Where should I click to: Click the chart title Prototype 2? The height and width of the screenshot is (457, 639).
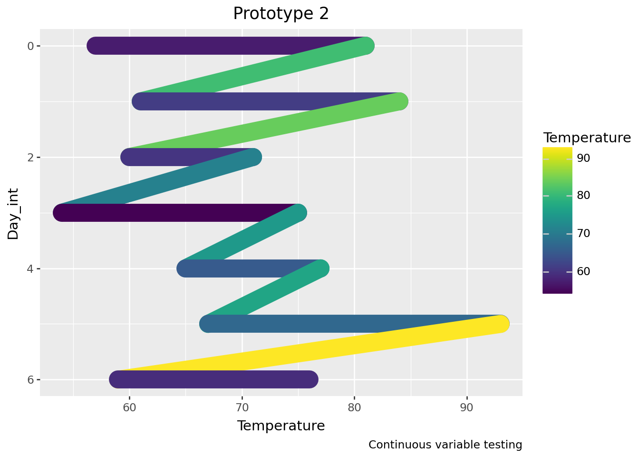click(x=281, y=14)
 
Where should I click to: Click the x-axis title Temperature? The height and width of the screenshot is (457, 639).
click(x=281, y=426)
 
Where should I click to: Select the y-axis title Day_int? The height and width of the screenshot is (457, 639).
click(x=13, y=213)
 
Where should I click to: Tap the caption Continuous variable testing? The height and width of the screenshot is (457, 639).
click(x=445, y=445)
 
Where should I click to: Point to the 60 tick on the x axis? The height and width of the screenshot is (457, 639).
click(x=130, y=407)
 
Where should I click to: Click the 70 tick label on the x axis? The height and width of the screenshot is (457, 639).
click(x=242, y=407)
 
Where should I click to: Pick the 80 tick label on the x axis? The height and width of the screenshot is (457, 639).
click(x=354, y=407)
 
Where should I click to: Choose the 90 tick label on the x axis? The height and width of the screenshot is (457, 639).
click(x=467, y=407)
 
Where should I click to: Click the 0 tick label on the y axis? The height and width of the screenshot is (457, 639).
click(x=30, y=46)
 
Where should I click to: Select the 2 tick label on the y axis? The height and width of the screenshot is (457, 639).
click(x=30, y=158)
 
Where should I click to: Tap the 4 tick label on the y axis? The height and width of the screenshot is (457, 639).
click(x=30, y=269)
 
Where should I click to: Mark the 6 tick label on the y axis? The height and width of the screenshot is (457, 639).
click(x=30, y=380)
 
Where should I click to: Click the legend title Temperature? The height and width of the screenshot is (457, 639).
click(x=587, y=138)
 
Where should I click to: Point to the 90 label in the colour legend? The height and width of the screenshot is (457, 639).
click(x=583, y=158)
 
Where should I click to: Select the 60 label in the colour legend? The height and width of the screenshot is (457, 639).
click(x=583, y=271)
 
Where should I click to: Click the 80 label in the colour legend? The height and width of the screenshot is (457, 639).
click(x=583, y=196)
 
